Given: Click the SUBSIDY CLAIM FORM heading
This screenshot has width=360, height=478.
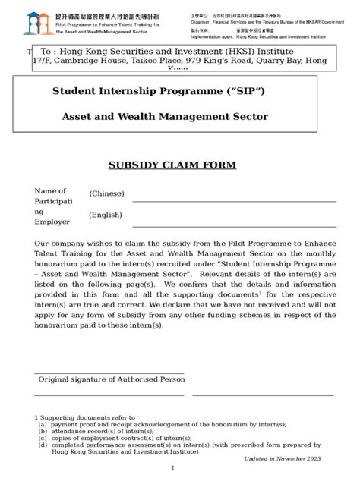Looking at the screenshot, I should (x=173, y=165).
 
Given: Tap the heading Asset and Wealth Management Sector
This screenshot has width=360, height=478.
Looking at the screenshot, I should (x=165, y=116).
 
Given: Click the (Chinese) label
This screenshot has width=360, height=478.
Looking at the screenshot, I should (x=106, y=194).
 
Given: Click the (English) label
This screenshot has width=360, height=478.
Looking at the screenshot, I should (x=106, y=215).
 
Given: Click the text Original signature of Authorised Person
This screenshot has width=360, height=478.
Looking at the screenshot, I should (x=112, y=379).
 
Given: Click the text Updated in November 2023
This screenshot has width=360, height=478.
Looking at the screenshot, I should (x=283, y=458).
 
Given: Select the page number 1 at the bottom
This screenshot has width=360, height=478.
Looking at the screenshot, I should (x=173, y=469).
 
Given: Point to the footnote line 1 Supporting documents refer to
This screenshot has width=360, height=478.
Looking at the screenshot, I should (x=84, y=417).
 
